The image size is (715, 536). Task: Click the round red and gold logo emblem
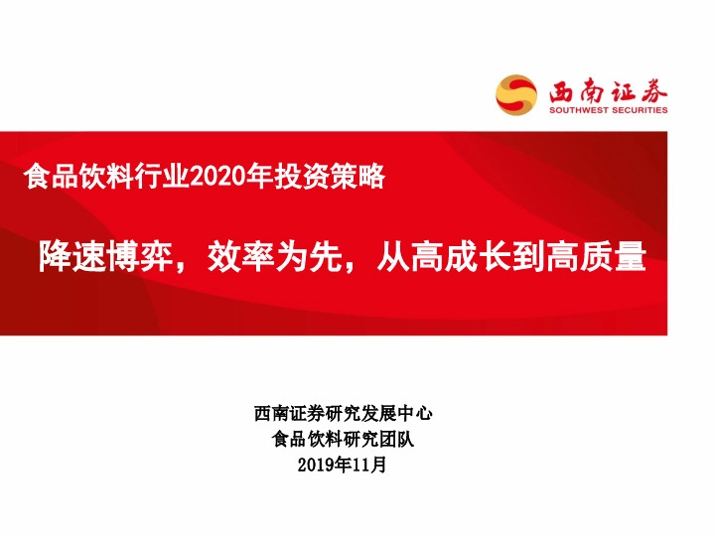(x=516, y=94)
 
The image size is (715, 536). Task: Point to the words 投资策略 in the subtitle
(x=343, y=180)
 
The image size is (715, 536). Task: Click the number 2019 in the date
(x=318, y=464)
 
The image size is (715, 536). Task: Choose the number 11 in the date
(x=360, y=464)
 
